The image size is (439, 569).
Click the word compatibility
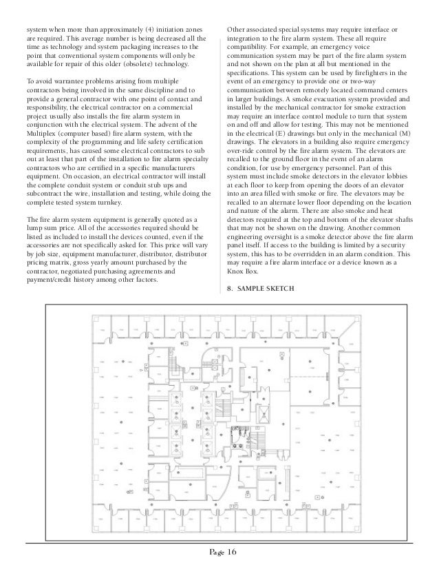248,49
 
